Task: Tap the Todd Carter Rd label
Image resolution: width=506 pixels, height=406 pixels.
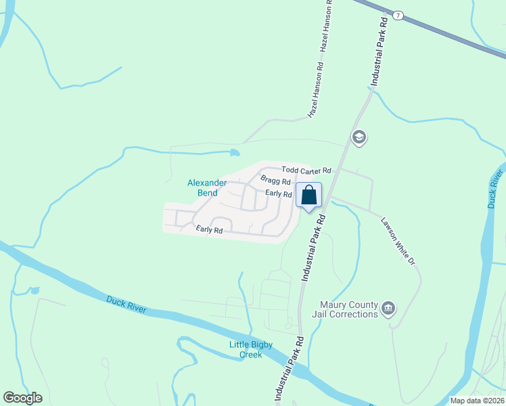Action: point(306,171)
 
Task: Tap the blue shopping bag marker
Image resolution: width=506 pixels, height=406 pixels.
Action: point(308,196)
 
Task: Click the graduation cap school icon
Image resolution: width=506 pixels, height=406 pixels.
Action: point(359,138)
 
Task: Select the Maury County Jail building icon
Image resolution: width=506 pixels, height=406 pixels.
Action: point(388,309)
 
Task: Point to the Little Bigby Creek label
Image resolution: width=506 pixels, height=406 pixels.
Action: point(250,350)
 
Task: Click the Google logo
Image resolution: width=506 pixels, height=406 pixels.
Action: point(23,397)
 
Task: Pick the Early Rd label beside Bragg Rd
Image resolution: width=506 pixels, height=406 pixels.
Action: point(278,194)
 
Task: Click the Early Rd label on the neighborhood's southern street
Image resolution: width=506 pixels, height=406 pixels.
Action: point(210,230)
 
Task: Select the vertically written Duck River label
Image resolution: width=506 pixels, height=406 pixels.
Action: point(495,189)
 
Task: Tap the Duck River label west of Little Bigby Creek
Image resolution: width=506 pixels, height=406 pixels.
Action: point(126,304)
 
